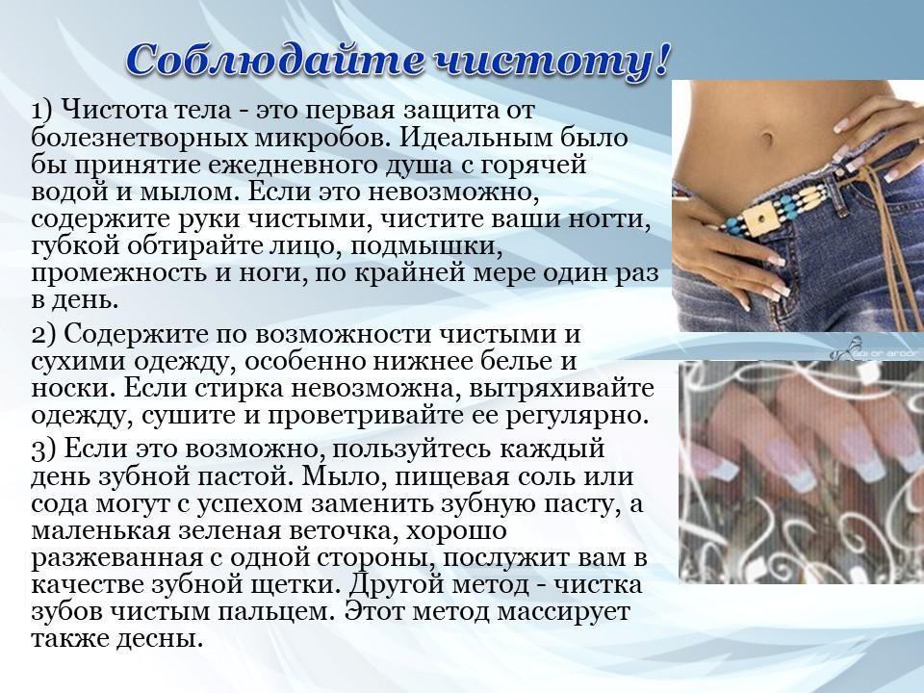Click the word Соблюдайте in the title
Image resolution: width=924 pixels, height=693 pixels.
274,60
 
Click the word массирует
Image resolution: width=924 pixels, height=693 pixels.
563,613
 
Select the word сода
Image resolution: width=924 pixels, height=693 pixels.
63,504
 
